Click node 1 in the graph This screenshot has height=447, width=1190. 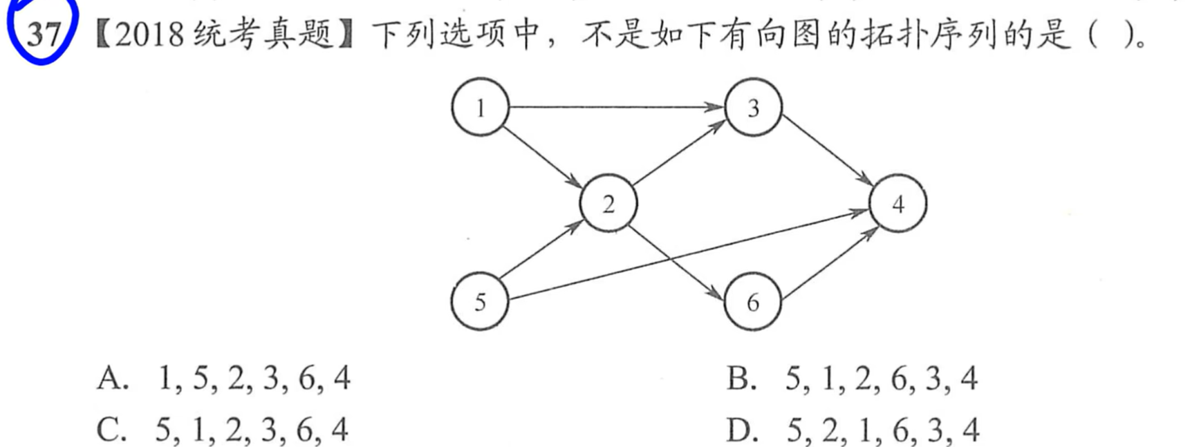point(480,107)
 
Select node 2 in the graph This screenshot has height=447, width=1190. point(608,204)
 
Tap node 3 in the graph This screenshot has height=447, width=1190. point(753,107)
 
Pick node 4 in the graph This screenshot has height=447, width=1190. point(898,203)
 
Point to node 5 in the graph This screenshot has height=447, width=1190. point(479,301)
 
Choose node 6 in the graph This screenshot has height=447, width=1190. point(752,302)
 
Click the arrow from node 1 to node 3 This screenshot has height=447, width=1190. point(615,107)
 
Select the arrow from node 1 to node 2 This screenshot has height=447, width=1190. point(543,155)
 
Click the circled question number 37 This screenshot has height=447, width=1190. point(43,32)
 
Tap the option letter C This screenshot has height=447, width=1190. point(111,430)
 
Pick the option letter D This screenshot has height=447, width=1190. point(741,430)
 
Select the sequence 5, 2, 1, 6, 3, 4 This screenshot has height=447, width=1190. point(882,430)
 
